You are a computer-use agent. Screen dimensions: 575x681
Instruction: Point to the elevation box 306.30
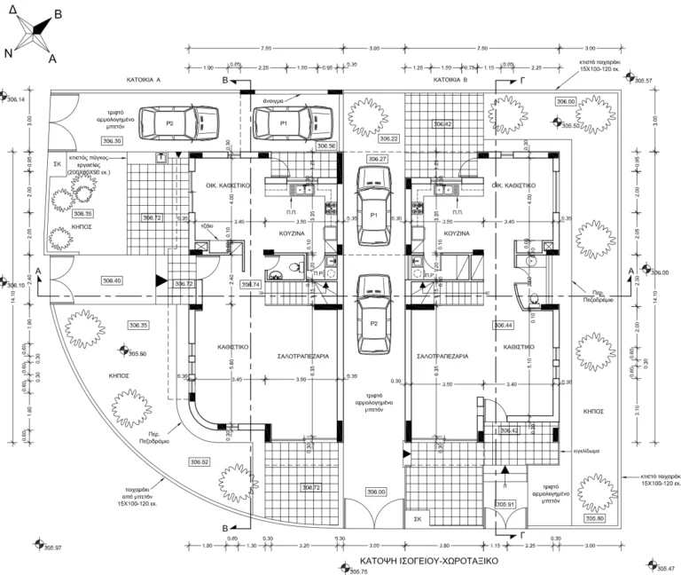click(x=113, y=140)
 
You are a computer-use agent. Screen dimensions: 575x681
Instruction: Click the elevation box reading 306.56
click(x=325, y=145)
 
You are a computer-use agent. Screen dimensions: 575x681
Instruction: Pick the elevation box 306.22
click(x=388, y=139)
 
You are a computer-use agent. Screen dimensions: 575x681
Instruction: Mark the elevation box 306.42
click(x=442, y=124)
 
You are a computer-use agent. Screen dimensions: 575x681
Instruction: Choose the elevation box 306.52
click(x=200, y=461)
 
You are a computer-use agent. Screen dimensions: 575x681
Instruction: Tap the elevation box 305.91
click(x=506, y=504)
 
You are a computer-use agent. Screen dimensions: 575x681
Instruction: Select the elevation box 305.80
click(x=594, y=519)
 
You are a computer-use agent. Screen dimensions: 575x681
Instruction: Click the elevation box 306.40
click(x=113, y=280)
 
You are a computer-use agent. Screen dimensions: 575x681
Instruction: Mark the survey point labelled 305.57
click(x=642, y=81)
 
